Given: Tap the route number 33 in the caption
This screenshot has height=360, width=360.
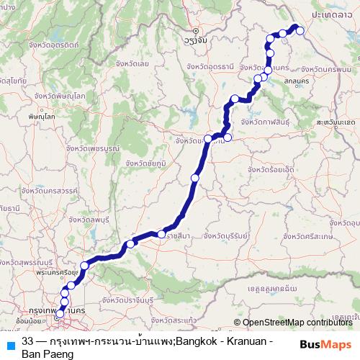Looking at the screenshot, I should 28,340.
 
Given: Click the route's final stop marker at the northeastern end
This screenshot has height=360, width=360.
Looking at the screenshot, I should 300,30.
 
